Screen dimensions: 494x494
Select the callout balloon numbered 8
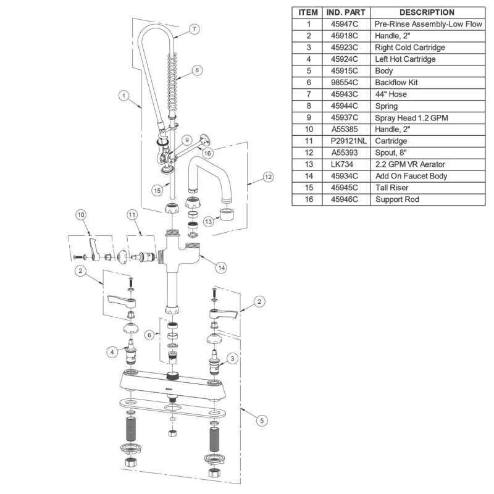(197, 70)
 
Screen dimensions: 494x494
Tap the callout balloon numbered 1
(124, 96)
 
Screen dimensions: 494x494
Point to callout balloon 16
(207, 153)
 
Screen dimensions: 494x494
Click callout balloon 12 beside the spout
(267, 177)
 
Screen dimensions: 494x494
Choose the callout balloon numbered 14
(221, 269)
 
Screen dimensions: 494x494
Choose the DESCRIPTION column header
(427, 12)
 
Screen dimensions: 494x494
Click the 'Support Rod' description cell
(393, 200)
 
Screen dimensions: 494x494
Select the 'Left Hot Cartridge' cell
(405, 59)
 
